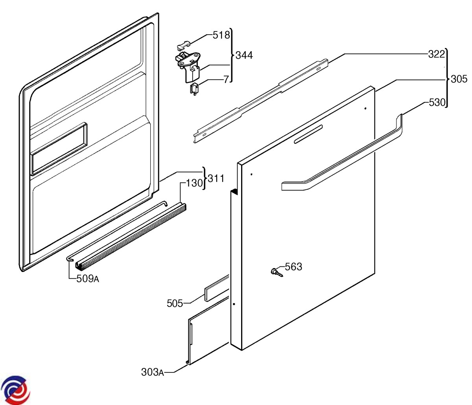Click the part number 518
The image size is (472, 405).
pos(221,35)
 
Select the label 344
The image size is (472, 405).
pos(244,55)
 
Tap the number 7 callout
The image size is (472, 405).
pos(226,80)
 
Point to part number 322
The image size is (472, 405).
pos(436,54)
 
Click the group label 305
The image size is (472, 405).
pos(459,79)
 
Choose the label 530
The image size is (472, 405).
pos(437,103)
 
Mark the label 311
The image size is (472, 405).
pos(216,179)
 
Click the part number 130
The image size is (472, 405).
pos(194,183)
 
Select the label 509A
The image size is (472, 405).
pos(88,279)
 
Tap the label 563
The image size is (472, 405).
pos(293,267)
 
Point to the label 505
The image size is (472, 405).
pos(175,303)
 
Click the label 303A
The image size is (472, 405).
pos(152,372)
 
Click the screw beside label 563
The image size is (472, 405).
pos(277,272)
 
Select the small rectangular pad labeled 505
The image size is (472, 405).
pos(216,288)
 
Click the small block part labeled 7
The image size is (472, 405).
pos(194,88)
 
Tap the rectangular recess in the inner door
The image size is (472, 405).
pos(59,149)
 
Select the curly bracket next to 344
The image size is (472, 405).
pos(231,55)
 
